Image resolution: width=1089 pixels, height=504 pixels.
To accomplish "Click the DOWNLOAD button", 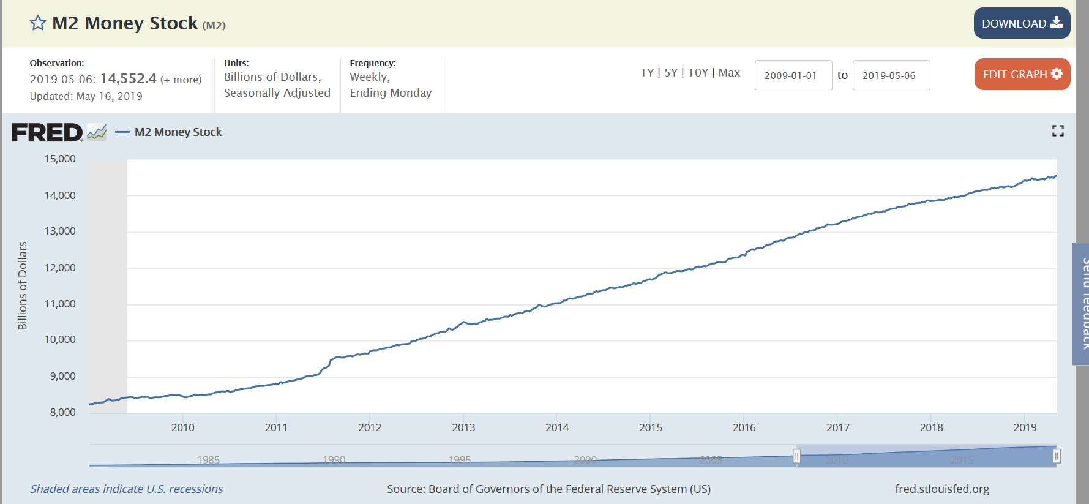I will [x=1022, y=23].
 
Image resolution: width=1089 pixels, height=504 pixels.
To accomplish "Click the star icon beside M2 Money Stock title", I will [x=38, y=23].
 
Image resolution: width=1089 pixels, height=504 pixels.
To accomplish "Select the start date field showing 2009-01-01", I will [x=793, y=75].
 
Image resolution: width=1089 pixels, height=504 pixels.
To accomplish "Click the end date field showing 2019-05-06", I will [x=891, y=75].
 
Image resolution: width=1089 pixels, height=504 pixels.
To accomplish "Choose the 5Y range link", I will [x=671, y=73].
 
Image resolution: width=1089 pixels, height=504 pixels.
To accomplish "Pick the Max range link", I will [x=729, y=73].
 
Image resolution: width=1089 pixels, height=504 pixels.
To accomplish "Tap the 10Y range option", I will [x=698, y=73].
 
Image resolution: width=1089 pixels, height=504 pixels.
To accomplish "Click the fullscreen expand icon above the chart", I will [x=1058, y=130].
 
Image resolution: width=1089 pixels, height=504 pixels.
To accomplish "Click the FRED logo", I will [x=48, y=132].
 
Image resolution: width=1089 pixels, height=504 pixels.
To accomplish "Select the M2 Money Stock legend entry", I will [x=178, y=132].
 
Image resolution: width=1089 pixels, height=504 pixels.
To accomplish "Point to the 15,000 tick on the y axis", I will [x=60, y=159].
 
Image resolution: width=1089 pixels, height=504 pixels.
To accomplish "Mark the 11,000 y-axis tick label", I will [x=60, y=304].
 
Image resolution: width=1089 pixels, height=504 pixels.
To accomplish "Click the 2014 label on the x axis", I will [x=557, y=427].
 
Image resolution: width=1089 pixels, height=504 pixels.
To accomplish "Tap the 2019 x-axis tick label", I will [x=1025, y=427].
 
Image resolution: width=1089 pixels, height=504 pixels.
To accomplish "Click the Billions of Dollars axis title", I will [x=23, y=285].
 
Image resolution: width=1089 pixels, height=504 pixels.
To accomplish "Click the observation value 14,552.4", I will [x=129, y=79].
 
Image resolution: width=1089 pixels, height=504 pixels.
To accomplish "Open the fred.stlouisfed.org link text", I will [x=941, y=489].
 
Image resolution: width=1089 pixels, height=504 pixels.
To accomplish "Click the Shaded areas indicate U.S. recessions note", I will [x=127, y=489].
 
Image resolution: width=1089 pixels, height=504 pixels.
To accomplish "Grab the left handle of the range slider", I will [x=796, y=456].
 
